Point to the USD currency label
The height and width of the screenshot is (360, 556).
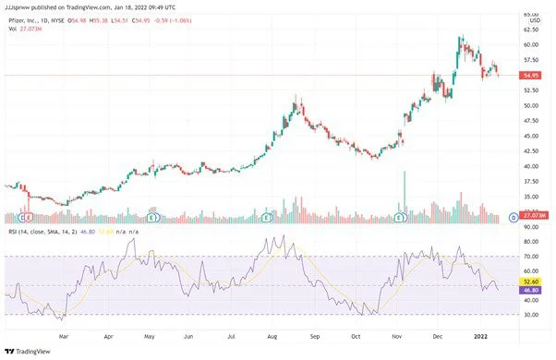click(x=532, y=21)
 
